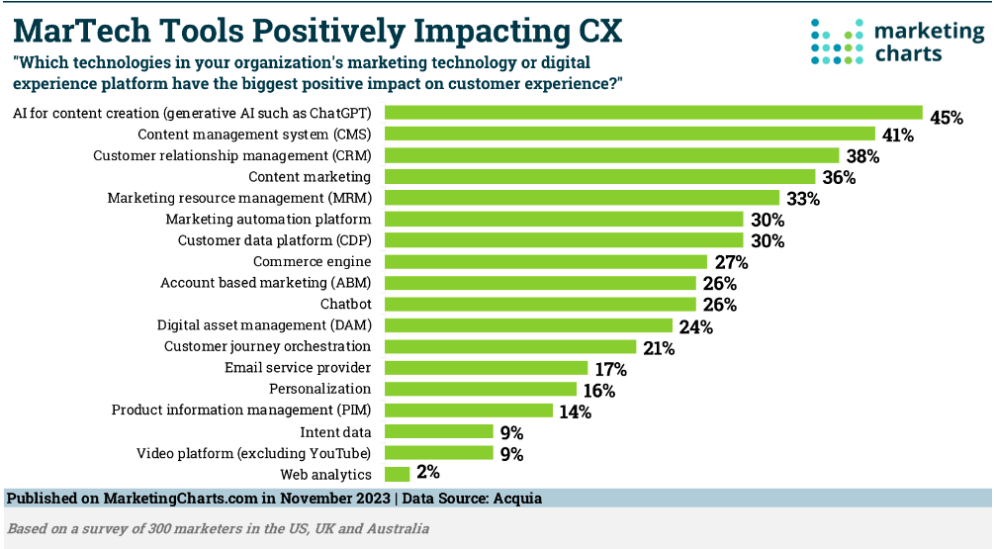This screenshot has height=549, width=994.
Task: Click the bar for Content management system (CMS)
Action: click(x=629, y=134)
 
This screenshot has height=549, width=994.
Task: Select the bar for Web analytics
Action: click(x=397, y=475)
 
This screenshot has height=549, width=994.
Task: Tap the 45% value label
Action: click(x=947, y=117)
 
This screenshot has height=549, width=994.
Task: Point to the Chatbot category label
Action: click(x=345, y=304)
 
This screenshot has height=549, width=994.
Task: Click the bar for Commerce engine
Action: click(x=546, y=262)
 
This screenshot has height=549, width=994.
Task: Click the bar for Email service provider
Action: click(x=486, y=368)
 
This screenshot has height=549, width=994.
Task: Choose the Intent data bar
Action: click(x=438, y=432)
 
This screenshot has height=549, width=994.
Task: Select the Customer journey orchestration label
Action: click(x=267, y=346)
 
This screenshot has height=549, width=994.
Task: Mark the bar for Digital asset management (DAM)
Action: click(x=528, y=325)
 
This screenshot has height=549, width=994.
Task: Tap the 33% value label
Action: click(x=803, y=199)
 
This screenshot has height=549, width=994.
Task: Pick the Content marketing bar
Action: click(x=599, y=177)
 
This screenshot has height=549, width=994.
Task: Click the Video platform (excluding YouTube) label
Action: click(x=253, y=453)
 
